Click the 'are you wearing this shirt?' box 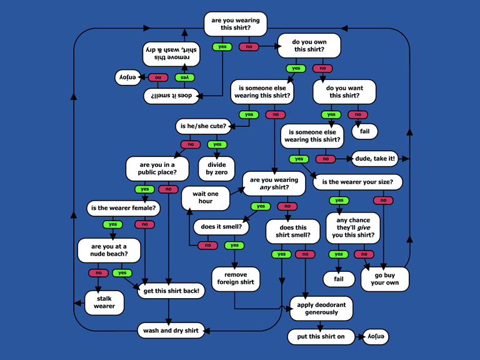point(235,24)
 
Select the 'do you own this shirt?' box point(309,46)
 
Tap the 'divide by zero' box point(216,167)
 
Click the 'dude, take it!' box point(374,159)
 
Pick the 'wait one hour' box point(206,197)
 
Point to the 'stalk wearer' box point(104,302)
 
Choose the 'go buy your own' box point(384,279)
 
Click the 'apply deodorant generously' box point(321,308)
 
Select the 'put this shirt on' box point(319,337)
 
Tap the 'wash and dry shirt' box point(171,330)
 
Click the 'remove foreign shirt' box point(235,278)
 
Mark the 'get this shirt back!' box point(171,291)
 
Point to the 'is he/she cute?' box point(204,126)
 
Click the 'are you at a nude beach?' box point(109,251)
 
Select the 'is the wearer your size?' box point(357,182)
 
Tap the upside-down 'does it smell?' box point(172,96)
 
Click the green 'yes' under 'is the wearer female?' point(112,224)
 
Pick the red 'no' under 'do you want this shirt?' point(357,114)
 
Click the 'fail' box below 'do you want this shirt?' point(364,131)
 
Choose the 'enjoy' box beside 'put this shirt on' point(375,337)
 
